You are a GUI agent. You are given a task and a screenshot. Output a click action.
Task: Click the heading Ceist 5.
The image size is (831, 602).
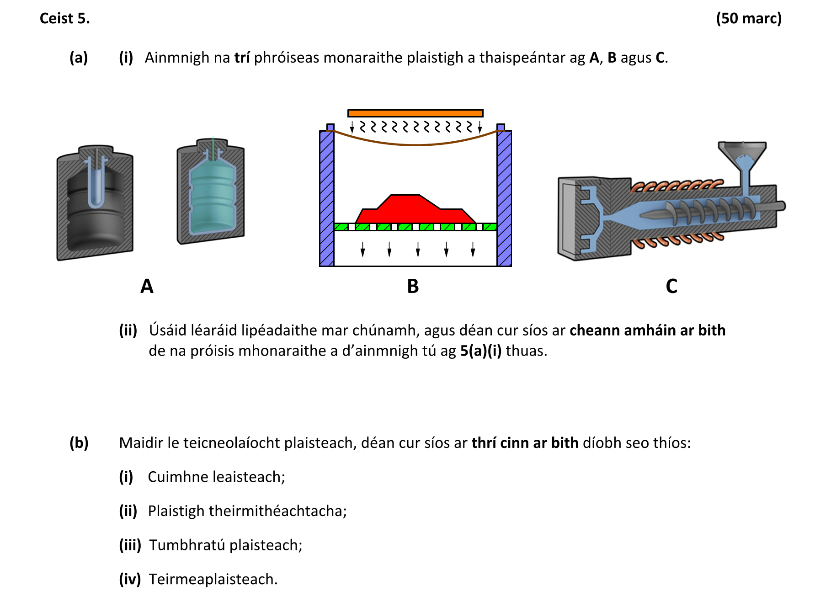pos(64,18)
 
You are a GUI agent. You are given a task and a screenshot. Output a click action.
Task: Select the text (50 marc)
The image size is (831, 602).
pos(748,18)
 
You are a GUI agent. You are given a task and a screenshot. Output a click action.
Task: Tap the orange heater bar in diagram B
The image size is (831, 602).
pos(415,113)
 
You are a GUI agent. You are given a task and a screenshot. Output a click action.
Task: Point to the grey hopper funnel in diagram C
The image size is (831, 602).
pos(742,153)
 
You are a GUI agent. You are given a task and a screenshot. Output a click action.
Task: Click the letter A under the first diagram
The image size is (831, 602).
pos(147,287)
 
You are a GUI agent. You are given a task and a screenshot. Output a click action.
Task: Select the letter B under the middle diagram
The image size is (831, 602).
pos(413,287)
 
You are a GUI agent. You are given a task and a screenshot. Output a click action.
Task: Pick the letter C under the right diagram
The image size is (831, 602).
pos(671,287)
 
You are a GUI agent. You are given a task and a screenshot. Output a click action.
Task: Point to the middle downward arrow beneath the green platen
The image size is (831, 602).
pos(418,250)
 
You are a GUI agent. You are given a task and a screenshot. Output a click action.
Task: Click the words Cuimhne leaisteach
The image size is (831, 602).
pos(216,477)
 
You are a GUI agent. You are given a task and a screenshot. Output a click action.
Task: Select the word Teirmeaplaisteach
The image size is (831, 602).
pos(213,579)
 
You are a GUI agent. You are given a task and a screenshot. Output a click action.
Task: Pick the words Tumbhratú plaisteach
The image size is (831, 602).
pos(225,545)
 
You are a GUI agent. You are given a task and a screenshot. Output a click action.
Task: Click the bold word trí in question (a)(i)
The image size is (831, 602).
pos(242,58)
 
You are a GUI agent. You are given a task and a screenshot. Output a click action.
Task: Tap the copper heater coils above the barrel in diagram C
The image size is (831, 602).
pos(677,186)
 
